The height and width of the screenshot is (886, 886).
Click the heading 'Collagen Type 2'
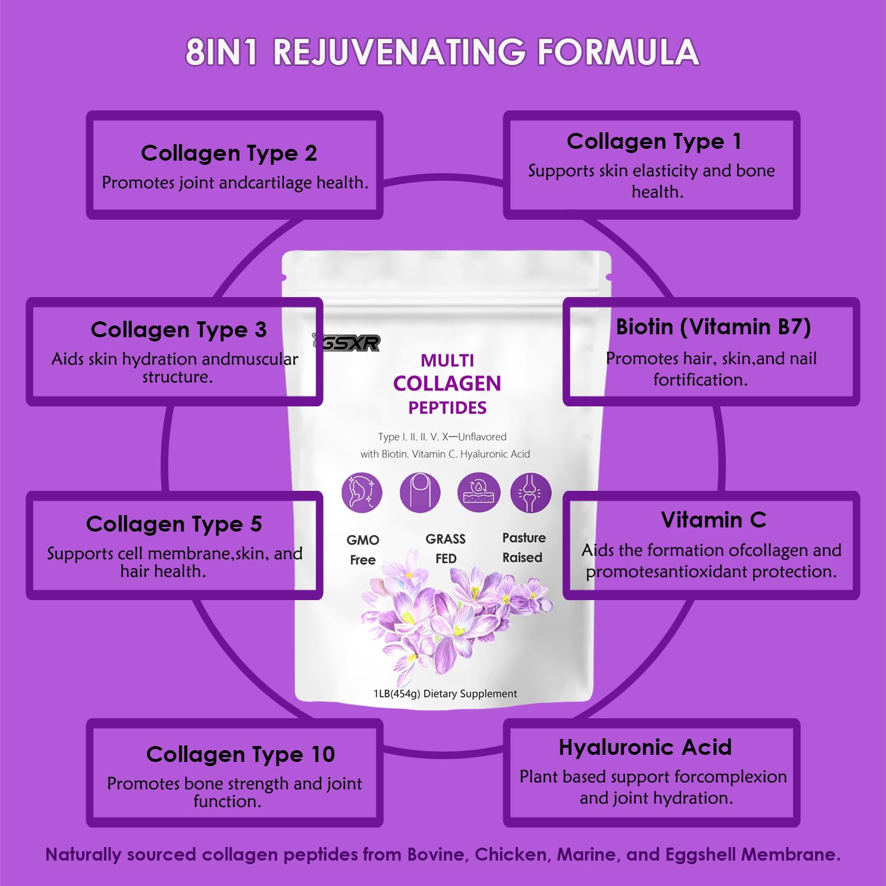pos(229,154)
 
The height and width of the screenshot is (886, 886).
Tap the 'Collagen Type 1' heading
pos(654,142)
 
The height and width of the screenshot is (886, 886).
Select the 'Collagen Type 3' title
pos(178,330)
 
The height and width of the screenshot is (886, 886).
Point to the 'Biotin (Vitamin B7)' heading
pos(713,327)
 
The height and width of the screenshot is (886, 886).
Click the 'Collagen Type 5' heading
pos(174,524)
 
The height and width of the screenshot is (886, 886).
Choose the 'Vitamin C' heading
pos(713,520)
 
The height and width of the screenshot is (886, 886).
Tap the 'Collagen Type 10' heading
pos(240,754)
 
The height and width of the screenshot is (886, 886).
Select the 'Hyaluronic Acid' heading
pos(645,747)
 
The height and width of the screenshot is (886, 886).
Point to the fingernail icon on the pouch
pos(419,492)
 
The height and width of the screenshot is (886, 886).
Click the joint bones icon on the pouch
pos(530,492)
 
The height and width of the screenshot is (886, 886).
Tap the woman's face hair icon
pos(361,492)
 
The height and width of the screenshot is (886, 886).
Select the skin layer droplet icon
pos(478,492)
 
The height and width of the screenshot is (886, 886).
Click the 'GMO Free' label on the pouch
pos(363,549)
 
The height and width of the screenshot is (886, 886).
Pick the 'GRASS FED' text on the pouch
pos(446,548)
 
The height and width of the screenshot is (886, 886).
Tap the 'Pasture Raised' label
pos(523,547)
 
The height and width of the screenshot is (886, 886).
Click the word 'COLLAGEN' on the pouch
pos(447,383)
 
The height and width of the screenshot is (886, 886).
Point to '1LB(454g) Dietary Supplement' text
pos(445,693)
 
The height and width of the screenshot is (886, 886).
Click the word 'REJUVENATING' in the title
pos(399,52)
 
